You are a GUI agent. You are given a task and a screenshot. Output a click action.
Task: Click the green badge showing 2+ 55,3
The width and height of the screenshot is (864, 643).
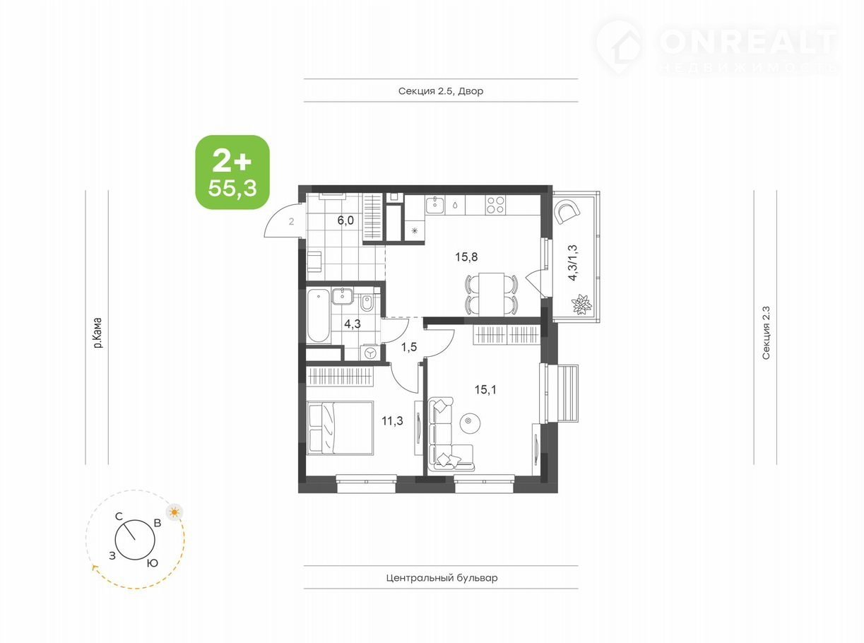pos(232,172)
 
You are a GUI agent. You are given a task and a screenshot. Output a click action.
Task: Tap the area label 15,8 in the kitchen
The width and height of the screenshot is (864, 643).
pos(466,257)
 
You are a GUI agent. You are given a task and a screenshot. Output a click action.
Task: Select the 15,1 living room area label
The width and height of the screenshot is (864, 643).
pos(485,390)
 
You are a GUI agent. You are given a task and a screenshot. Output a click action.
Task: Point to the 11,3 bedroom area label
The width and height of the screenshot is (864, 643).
pos(392,421)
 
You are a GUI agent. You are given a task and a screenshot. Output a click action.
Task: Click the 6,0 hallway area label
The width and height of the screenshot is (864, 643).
pos(345,220)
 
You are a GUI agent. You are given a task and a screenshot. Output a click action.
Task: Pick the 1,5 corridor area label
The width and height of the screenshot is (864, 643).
pos(409,347)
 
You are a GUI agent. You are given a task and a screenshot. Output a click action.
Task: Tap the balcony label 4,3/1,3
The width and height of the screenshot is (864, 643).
pos(573,263)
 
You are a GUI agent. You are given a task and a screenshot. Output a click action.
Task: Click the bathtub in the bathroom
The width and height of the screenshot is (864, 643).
pos(319,315)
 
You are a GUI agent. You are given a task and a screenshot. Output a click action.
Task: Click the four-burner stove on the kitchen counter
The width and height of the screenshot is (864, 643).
pos(495,205)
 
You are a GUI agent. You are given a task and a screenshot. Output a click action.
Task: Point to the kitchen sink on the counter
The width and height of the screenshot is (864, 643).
pos(435,205)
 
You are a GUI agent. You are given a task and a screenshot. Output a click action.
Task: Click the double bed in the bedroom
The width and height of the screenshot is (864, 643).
pos(340,428)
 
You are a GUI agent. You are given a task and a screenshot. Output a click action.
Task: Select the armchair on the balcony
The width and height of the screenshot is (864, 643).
pos(567,212)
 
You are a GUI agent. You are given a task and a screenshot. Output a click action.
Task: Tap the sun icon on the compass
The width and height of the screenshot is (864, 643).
pos(174,512)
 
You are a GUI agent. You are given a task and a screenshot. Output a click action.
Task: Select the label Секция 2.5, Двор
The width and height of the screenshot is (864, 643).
pos(441,91)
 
